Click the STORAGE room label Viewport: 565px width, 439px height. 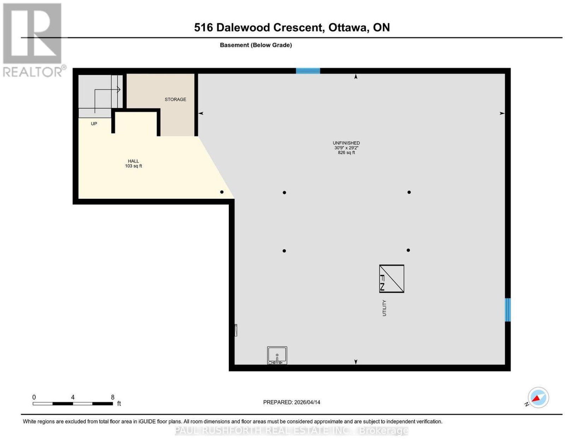(x=175, y=99)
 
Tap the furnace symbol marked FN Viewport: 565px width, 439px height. (x=391, y=279)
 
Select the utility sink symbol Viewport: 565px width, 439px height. (x=277, y=355)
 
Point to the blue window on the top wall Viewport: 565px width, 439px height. (x=308, y=71)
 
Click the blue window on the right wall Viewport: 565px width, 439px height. (x=507, y=310)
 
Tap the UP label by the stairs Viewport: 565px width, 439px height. (x=94, y=124)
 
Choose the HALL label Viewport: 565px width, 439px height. (x=133, y=161)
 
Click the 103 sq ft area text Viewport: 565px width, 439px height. (x=133, y=166)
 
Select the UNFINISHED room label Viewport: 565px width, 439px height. (x=346, y=143)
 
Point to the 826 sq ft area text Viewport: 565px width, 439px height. (x=346, y=153)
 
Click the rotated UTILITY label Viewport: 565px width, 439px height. (x=384, y=308)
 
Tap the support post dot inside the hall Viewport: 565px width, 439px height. (x=222, y=192)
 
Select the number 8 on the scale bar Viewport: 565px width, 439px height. (x=113, y=397)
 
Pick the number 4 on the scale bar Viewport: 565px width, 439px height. (x=73, y=397)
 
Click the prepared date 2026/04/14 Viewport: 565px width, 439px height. (x=307, y=402)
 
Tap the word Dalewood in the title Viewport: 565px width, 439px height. (x=243, y=27)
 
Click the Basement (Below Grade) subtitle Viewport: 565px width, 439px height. (x=256, y=45)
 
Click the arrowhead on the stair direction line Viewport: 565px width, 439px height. (x=119, y=90)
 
